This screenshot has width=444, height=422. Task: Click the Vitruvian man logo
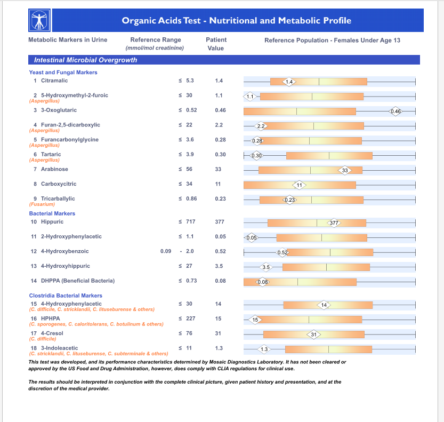point(39,20)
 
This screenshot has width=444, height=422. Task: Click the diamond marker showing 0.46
point(395,111)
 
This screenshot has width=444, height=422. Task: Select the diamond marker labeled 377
point(334,223)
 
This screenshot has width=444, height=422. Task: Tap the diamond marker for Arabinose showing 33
point(345,170)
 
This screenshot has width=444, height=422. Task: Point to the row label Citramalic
point(54,81)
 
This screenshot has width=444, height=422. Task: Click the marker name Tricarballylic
point(58,198)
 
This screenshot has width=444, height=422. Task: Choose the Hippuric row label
point(52,221)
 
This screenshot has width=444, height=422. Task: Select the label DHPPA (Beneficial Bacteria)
point(78,281)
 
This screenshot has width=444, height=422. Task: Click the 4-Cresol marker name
point(52,333)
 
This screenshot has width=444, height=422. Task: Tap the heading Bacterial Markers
point(52,213)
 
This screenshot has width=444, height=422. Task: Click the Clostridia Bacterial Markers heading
point(66,296)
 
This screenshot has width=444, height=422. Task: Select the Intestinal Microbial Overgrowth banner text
point(85,60)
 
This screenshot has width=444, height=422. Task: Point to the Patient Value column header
point(216,44)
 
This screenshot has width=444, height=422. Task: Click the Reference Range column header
point(155,44)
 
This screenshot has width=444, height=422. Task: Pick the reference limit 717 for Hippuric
point(191,221)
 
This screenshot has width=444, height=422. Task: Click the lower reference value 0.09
point(166,251)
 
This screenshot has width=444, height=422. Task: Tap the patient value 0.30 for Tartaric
point(220,155)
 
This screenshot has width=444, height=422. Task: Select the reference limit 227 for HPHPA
point(191,319)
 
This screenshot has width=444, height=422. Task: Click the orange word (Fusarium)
point(42,204)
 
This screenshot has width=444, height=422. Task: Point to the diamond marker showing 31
point(314,335)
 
